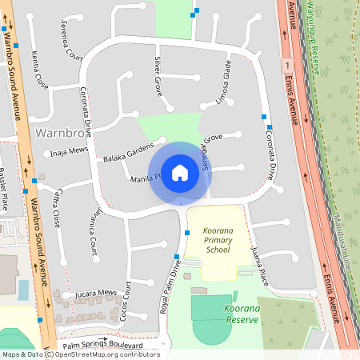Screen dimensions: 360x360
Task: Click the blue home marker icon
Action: tap(180, 172)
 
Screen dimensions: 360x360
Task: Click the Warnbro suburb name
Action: tap(61, 130)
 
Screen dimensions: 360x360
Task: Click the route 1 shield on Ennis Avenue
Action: tap(286, 63)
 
